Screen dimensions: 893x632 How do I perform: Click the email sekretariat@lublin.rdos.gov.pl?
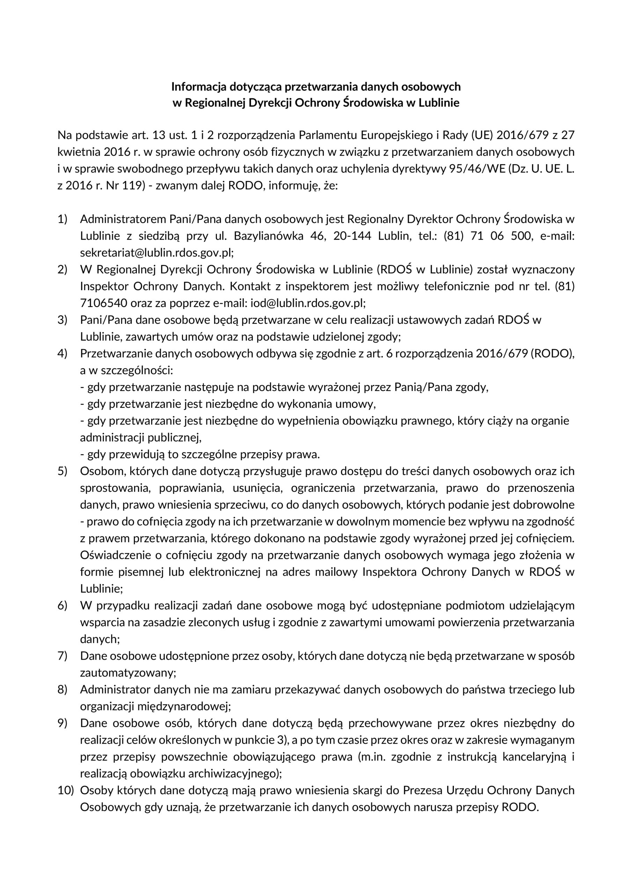click(x=156, y=253)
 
